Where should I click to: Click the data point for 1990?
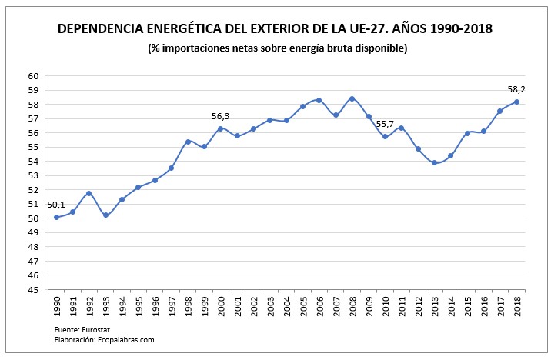pyautogui.click(x=56, y=218)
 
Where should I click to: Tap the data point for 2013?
pyautogui.click(x=435, y=162)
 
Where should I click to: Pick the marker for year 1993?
pyautogui.click(x=105, y=215)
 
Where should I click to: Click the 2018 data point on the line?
pyautogui.click(x=517, y=102)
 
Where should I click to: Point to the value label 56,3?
pyautogui.click(x=221, y=117)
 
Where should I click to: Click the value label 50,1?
pyautogui.click(x=56, y=205)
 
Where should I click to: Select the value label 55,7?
pyautogui.click(x=386, y=125)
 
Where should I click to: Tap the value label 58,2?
pyautogui.click(x=517, y=89)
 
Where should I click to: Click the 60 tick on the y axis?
pyautogui.click(x=34, y=76)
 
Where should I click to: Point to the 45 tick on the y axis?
pyautogui.click(x=34, y=290)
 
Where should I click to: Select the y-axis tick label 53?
pyautogui.click(x=34, y=176)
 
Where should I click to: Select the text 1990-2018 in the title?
pyautogui.click(x=449, y=29)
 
